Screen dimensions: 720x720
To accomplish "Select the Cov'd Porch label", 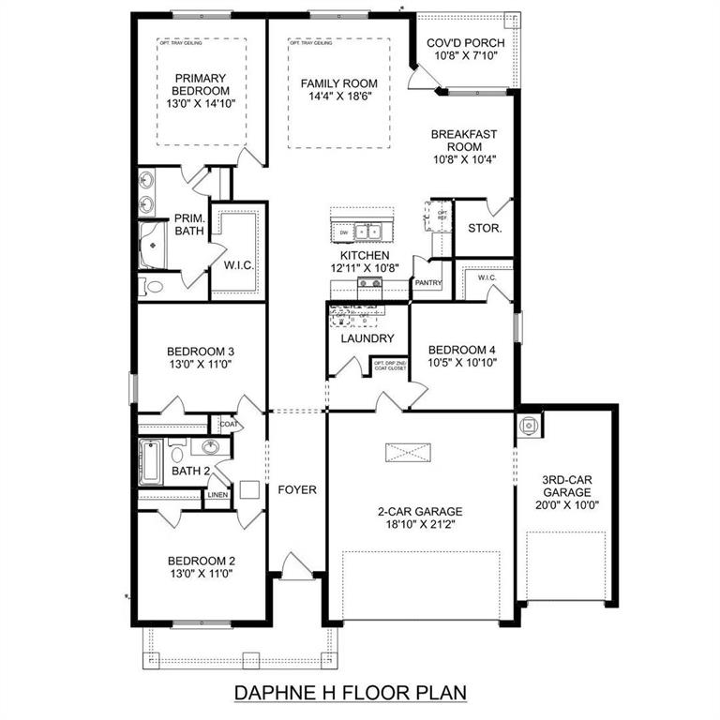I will (x=466, y=43).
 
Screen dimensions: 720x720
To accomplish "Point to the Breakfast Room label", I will (x=463, y=141).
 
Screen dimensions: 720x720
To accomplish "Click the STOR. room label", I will (x=484, y=228).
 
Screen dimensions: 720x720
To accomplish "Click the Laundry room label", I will (x=367, y=338).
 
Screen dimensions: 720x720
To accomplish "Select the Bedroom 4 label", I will (x=461, y=350).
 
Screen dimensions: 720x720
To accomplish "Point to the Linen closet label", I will (x=217, y=494).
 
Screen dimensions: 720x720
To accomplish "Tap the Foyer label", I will (x=297, y=489).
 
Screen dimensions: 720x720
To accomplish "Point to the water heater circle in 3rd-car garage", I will (x=529, y=425).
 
